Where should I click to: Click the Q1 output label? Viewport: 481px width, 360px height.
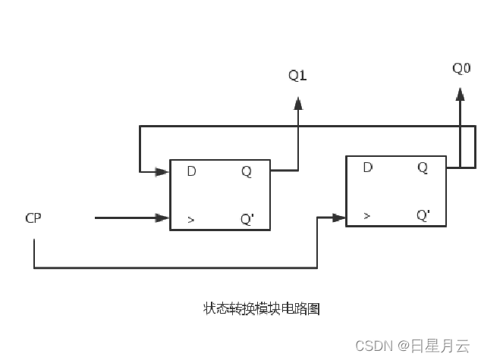297,75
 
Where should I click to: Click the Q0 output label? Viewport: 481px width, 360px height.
461,68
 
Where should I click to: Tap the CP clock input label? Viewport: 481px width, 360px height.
33,218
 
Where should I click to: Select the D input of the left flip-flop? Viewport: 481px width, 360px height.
191,171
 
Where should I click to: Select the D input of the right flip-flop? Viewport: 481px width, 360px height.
368,167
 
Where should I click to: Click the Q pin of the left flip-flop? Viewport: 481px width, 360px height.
247,171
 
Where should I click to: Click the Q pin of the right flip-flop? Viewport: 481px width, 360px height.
423,167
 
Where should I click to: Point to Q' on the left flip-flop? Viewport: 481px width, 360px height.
247,220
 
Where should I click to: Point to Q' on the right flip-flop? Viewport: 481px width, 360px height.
423,215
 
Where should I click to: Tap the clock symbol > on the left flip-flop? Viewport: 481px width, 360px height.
191,221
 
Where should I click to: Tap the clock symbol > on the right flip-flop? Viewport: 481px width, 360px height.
367,216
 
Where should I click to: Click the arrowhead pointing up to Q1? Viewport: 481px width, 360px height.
298,103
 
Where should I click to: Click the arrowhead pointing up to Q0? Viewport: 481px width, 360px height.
460,94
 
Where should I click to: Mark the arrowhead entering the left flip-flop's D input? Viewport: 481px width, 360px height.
162,172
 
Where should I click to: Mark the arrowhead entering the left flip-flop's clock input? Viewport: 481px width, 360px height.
162,218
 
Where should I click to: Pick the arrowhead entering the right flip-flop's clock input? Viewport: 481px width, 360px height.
339,218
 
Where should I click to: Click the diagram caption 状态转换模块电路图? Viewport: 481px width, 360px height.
262,308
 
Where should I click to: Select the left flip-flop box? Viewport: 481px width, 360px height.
219,196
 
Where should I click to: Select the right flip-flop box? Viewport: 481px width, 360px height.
395,191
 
